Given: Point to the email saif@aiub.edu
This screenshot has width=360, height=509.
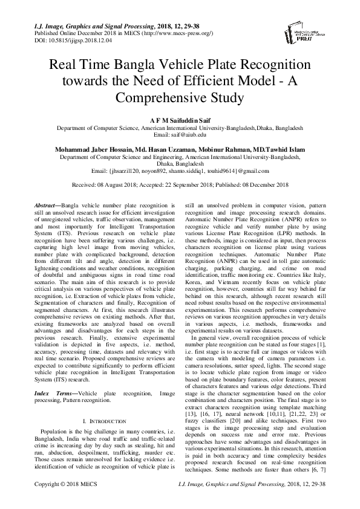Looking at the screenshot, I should click(x=180, y=135).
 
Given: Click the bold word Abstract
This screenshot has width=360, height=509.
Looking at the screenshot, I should click(x=47, y=206).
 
